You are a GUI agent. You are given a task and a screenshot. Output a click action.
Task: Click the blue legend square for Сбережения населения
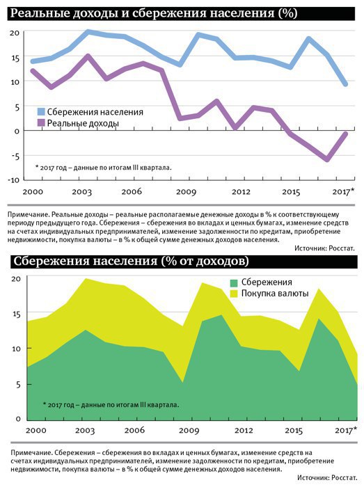(41, 112)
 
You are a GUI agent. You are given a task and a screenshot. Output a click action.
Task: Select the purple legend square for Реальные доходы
(41, 123)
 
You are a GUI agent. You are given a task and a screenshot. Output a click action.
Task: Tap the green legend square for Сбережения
(234, 282)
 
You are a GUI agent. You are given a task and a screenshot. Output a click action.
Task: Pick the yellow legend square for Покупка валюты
(234, 294)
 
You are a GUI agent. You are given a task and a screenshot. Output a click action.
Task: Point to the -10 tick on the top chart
(14, 179)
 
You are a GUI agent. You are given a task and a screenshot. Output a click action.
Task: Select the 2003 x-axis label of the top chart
(81, 191)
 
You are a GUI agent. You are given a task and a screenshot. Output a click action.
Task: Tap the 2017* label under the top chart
(343, 191)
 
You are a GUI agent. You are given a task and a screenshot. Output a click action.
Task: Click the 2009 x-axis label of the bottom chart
(189, 430)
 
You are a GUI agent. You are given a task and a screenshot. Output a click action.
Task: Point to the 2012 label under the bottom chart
(244, 430)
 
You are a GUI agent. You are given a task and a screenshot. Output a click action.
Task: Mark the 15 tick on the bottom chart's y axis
(16, 314)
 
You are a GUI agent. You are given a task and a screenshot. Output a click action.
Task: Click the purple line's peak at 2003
(88, 56)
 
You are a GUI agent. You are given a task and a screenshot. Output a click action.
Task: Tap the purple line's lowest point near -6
(326, 159)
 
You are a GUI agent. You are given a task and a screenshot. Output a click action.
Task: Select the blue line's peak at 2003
(88, 32)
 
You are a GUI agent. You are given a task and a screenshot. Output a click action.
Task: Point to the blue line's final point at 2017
(345, 84)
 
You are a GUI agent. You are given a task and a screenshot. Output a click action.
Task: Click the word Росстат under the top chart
(342, 248)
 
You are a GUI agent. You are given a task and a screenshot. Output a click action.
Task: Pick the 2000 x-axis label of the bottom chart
(35, 430)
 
